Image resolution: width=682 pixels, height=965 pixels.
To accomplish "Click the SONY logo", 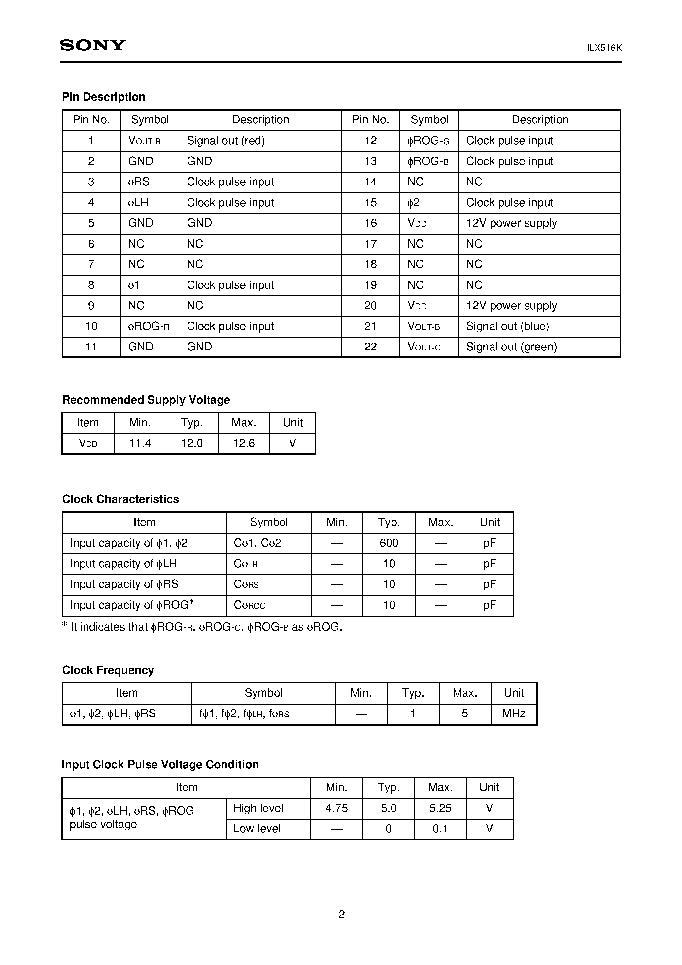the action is click(x=92, y=45).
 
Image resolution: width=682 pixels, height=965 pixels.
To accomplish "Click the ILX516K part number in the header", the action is click(x=604, y=48).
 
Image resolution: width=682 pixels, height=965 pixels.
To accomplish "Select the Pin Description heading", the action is click(x=103, y=97).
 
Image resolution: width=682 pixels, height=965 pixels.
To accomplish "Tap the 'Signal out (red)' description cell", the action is click(x=226, y=141).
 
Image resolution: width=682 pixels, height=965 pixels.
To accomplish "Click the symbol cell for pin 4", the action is click(x=138, y=203).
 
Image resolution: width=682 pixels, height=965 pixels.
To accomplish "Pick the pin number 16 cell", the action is click(x=370, y=223).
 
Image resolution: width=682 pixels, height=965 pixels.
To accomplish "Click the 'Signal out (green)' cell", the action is click(x=511, y=347).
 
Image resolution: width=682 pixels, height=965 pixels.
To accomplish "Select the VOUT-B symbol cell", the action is click(x=424, y=327).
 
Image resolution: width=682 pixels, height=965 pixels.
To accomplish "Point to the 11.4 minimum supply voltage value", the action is click(x=140, y=444).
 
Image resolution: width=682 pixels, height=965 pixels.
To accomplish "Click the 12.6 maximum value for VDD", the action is click(x=244, y=444).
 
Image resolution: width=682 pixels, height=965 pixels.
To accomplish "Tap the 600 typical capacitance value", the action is click(x=389, y=543).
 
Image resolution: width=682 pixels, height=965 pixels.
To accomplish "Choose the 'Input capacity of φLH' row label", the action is click(x=123, y=564).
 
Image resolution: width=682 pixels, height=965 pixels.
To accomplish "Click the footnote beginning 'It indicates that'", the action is click(x=202, y=627).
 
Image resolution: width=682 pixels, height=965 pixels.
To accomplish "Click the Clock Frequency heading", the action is click(x=108, y=670).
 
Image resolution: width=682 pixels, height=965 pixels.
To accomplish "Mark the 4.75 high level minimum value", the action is click(x=336, y=808).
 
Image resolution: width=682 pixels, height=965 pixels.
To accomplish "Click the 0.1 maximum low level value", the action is click(x=440, y=829).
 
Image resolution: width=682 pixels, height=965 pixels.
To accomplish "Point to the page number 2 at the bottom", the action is click(x=341, y=915).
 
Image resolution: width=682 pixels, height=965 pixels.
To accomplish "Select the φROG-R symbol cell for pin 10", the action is click(x=149, y=327).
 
